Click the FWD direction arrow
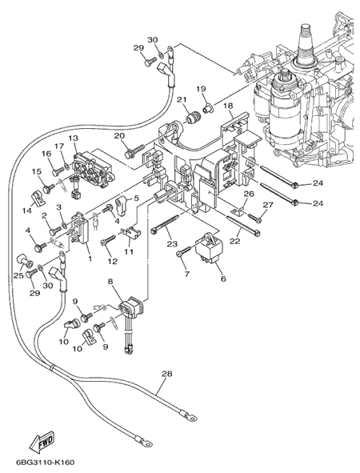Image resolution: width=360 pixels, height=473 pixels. click(x=42, y=440)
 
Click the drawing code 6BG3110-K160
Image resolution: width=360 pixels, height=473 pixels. click(x=45, y=463)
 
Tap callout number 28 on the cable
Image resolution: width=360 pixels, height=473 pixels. click(x=166, y=374)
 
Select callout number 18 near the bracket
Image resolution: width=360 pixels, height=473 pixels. click(x=229, y=106)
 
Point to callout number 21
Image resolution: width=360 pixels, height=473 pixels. click(x=182, y=99)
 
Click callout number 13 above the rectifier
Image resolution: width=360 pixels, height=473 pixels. click(x=73, y=138)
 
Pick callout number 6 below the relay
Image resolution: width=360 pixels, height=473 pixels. click(x=223, y=279)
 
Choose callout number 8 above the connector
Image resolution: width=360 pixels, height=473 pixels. click(x=110, y=282)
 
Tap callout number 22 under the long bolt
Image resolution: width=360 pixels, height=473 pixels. click(x=235, y=241)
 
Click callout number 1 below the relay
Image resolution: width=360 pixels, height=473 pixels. click(x=90, y=259)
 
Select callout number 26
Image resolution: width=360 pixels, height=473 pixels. click(x=249, y=194)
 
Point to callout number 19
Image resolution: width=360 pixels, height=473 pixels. click(x=201, y=89)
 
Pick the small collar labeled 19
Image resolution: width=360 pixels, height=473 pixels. click(x=208, y=108)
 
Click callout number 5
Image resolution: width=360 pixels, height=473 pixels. click(x=136, y=198)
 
